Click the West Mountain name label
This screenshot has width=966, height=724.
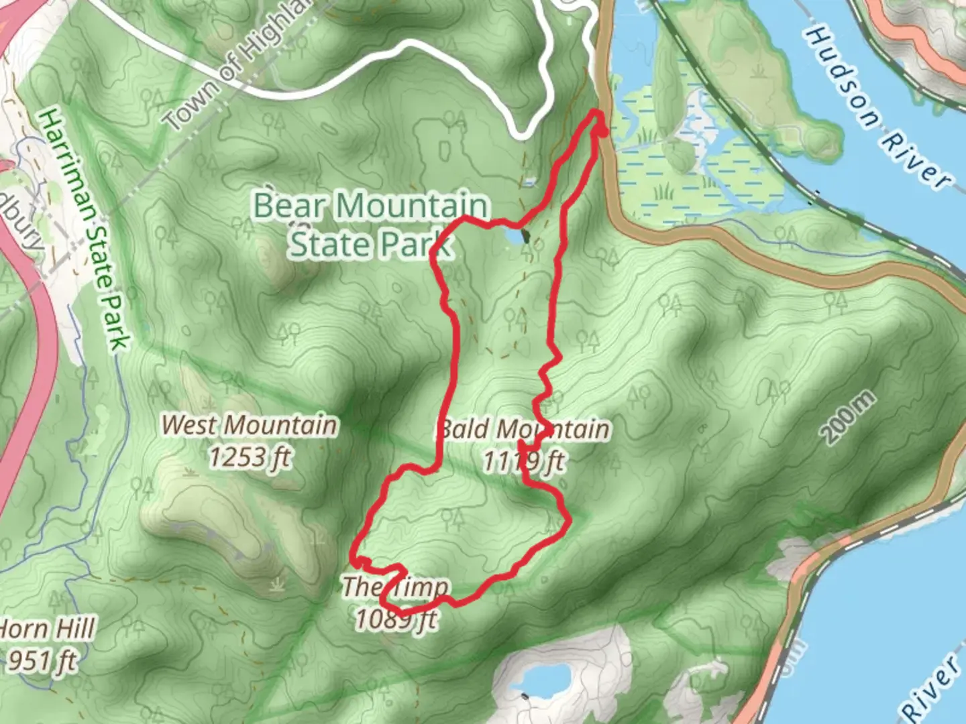point(250,425)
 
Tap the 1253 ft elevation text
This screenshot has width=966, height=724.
point(250,457)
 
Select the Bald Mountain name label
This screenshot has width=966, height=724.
point(525,429)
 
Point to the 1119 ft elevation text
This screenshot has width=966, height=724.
point(524,461)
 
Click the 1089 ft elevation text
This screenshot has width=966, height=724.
point(396,619)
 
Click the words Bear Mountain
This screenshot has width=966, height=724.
point(371,206)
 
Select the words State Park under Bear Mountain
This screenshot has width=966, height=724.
point(371,243)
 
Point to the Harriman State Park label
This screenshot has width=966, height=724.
point(85,228)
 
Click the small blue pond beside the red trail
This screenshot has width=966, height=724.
point(513,237)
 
